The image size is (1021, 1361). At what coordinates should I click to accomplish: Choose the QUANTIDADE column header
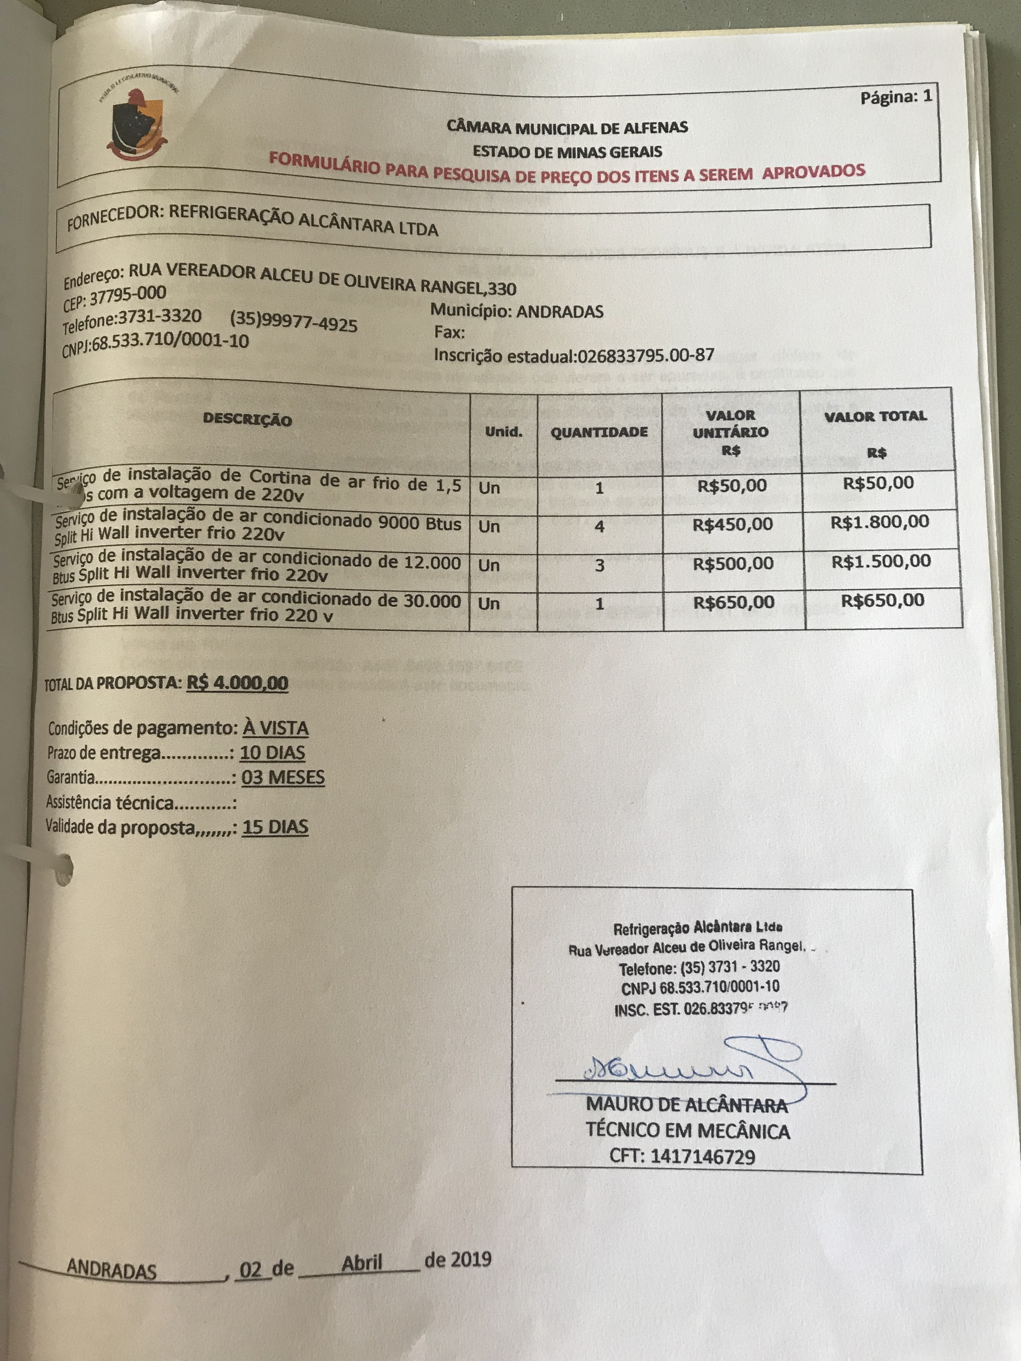coord(599,432)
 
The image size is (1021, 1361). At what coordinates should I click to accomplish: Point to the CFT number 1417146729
coord(702,1157)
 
